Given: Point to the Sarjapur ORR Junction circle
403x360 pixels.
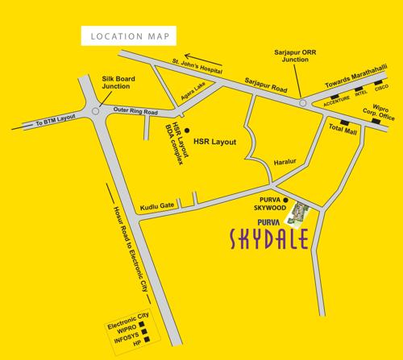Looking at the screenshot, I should coord(303,103).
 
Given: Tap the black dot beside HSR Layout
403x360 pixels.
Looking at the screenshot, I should coord(187,130).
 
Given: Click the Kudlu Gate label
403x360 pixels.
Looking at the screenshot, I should coord(155,206).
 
